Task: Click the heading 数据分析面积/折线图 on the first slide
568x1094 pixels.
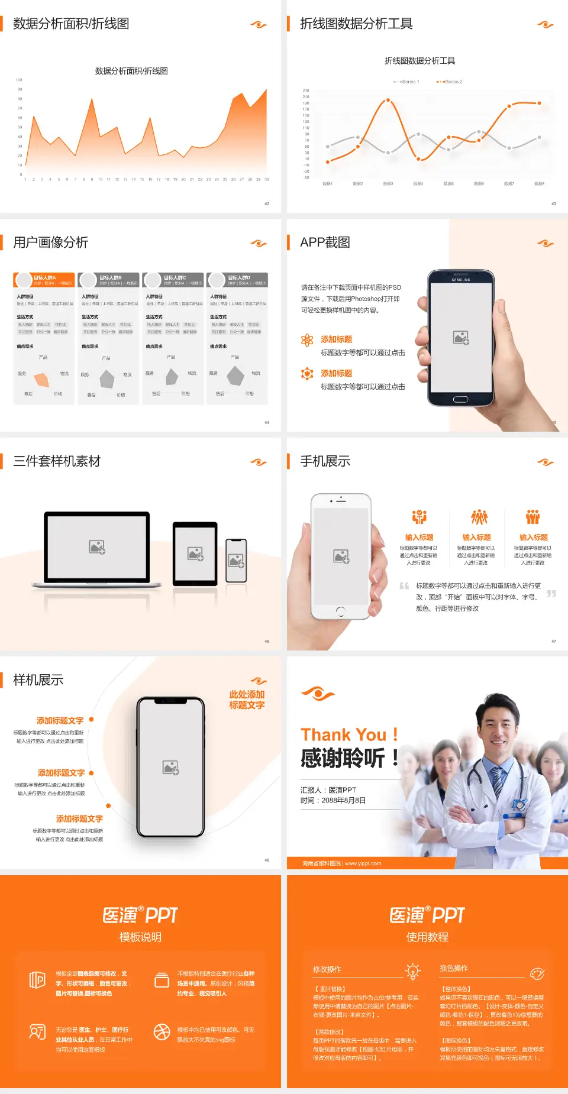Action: click(x=71, y=24)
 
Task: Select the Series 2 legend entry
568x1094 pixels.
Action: click(x=450, y=82)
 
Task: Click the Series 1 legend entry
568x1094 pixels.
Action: click(x=406, y=82)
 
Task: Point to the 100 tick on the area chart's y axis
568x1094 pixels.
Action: click(x=19, y=79)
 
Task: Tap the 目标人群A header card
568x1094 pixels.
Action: click(x=44, y=280)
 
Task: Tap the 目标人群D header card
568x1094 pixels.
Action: click(x=237, y=280)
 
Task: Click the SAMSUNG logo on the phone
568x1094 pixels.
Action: click(x=460, y=280)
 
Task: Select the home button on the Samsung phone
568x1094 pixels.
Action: click(x=460, y=399)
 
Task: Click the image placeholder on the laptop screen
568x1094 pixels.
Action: click(x=97, y=547)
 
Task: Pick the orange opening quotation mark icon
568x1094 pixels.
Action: click(x=404, y=586)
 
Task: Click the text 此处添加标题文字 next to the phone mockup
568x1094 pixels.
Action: click(x=247, y=700)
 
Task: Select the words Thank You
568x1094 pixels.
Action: click(x=343, y=735)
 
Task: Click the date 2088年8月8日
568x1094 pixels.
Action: click(x=344, y=800)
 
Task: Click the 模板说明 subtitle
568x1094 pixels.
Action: click(x=140, y=937)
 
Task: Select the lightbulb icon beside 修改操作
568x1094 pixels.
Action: click(x=412, y=971)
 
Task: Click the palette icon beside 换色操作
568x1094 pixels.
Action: click(x=537, y=973)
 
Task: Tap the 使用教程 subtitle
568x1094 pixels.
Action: click(x=427, y=937)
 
